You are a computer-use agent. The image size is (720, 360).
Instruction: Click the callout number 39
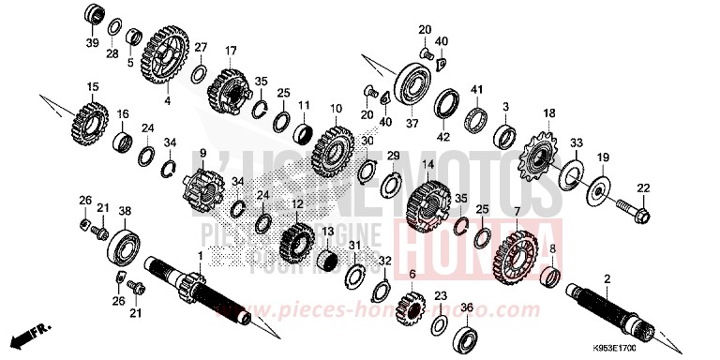92,42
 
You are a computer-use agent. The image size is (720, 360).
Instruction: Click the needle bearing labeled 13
329,258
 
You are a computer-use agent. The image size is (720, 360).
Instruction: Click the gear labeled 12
298,241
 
